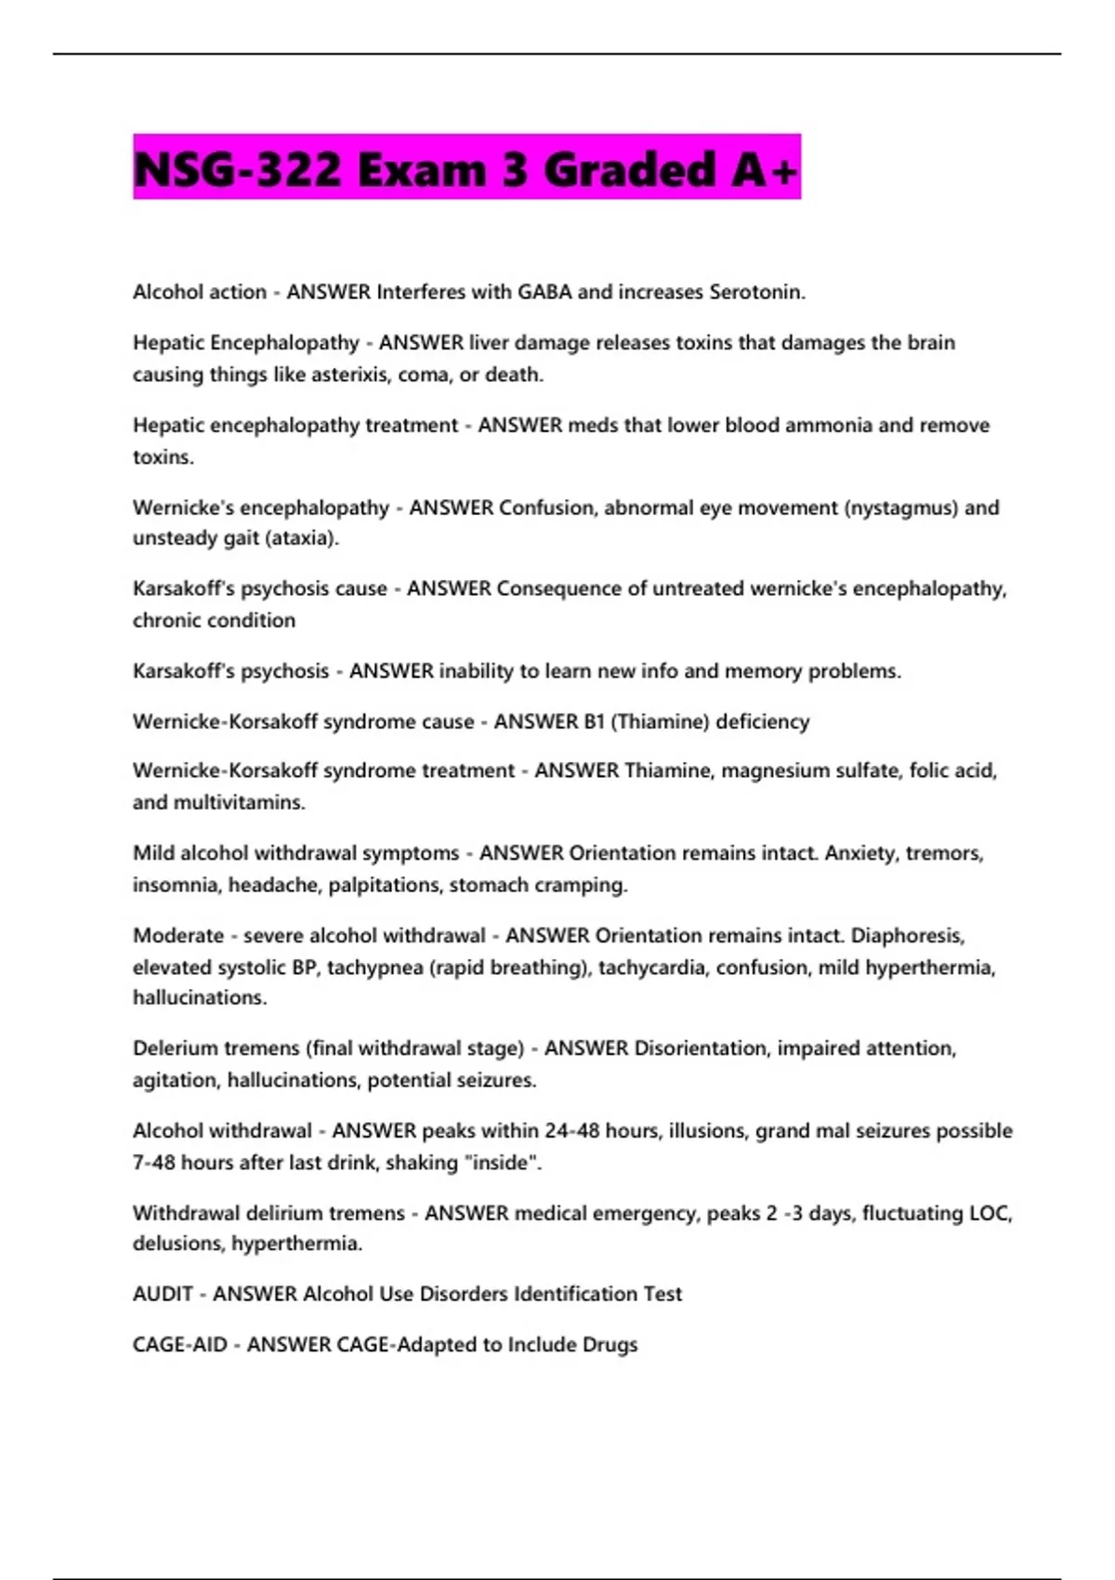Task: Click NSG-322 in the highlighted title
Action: pos(238,171)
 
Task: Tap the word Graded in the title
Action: pos(630,171)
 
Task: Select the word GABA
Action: pos(544,292)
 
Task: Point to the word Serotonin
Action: pos(755,292)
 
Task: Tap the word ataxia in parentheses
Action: pos(301,538)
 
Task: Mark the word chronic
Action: pos(166,620)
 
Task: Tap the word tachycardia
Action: pos(651,968)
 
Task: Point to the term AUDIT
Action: pos(163,1294)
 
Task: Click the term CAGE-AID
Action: pos(179,1345)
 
